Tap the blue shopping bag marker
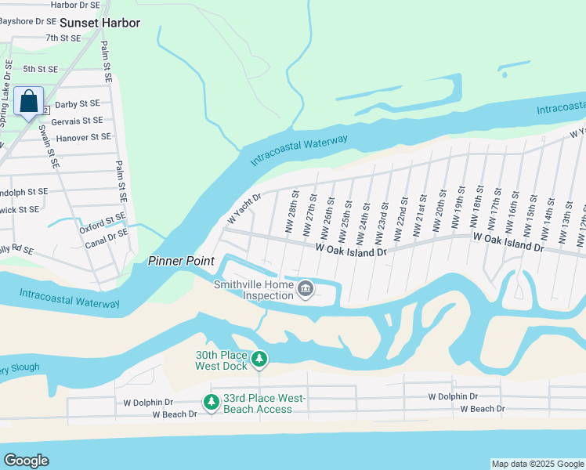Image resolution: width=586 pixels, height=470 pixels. coord(29,101)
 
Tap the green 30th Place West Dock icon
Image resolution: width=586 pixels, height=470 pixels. coord(259,360)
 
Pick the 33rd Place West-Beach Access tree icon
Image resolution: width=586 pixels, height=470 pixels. coord(212,403)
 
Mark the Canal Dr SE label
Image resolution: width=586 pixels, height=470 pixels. coord(107,234)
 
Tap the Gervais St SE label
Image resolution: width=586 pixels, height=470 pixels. coord(77,121)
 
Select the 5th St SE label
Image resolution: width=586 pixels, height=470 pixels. coord(41,70)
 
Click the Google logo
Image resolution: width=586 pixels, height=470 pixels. coord(26,461)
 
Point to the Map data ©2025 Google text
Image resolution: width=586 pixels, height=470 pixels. coord(537,464)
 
